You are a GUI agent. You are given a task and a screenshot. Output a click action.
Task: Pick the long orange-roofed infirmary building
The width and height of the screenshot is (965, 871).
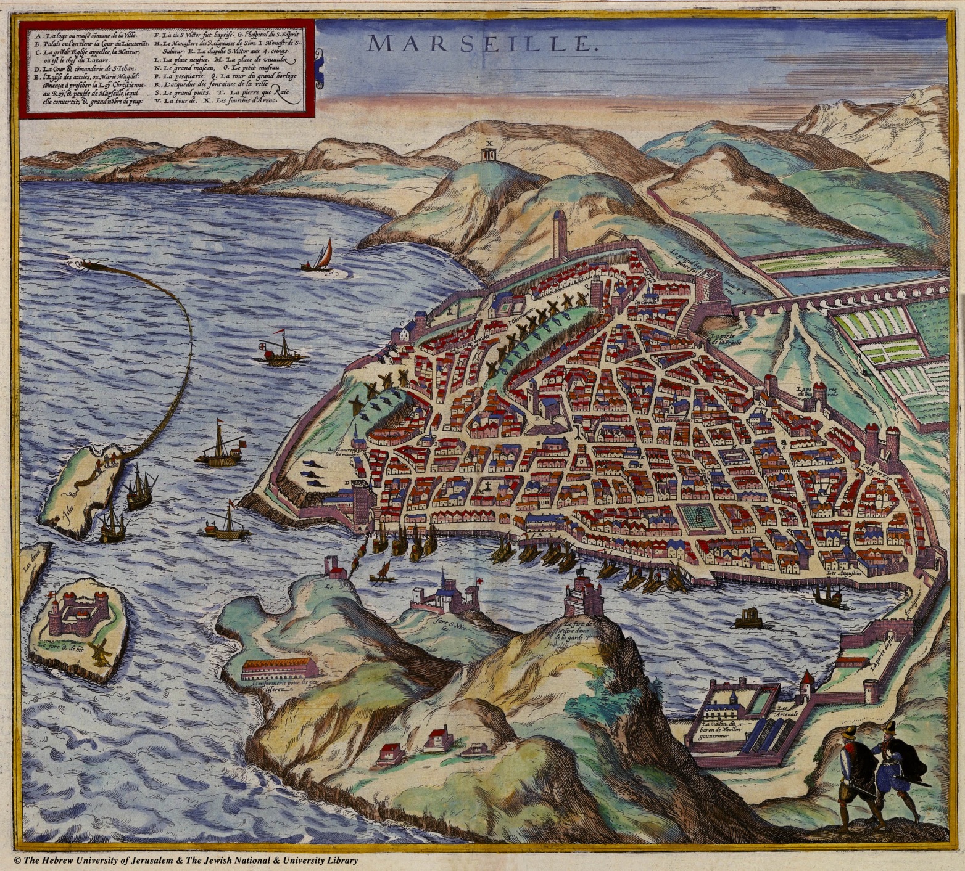coord(280,667)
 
